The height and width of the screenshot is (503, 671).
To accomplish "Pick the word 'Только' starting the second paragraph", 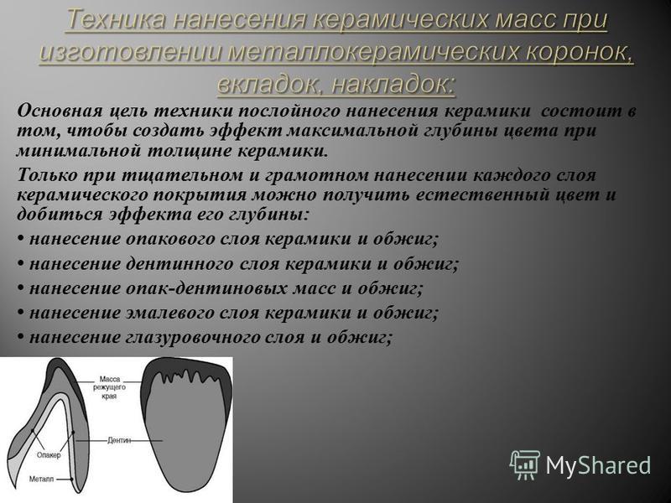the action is pos(46,175).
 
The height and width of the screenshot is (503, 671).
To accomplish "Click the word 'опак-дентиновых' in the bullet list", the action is pos(206,288).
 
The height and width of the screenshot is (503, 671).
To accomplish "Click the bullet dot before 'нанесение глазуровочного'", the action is pos(20,338).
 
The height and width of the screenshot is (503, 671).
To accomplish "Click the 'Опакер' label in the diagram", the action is pos(49,455).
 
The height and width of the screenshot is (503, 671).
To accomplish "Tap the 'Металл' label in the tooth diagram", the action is pos(41,479).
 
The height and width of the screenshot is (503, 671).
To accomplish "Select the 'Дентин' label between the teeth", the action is pos(119,440).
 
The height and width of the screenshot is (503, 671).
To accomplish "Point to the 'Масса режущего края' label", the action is pos(110,387).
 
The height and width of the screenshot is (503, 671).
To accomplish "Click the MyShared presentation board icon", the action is pos(525,464).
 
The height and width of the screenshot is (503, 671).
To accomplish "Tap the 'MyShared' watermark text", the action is pos(598,465).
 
